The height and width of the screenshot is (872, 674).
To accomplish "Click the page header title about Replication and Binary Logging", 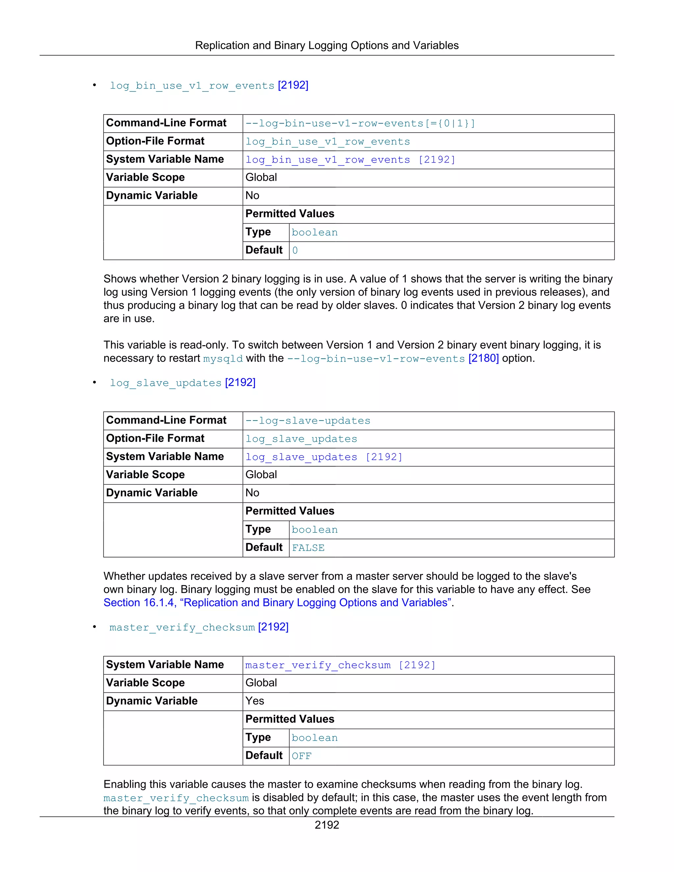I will pyautogui.click(x=326, y=45).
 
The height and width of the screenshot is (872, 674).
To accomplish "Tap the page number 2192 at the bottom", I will pyautogui.click(x=326, y=825).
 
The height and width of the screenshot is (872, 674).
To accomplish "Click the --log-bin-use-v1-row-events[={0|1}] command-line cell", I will pyautogui.click(x=360, y=123).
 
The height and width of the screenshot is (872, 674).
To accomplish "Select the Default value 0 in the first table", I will pyautogui.click(x=295, y=250).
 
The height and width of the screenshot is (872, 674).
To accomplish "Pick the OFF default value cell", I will pyautogui.click(x=301, y=756).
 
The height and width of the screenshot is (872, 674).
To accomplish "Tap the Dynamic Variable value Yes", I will pyautogui.click(x=255, y=701).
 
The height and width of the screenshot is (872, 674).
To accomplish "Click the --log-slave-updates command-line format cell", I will pyautogui.click(x=308, y=421).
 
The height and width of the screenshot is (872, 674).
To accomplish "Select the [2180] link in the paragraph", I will pyautogui.click(x=483, y=358).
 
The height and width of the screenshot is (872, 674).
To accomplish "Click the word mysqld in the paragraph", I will pyautogui.click(x=223, y=359).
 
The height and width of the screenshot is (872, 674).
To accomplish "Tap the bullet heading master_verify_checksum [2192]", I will pyautogui.click(x=199, y=627).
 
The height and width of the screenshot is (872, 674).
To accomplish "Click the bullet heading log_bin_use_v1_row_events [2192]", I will pyautogui.click(x=209, y=86).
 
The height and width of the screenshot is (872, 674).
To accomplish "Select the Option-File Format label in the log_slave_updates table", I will pyautogui.click(x=155, y=438).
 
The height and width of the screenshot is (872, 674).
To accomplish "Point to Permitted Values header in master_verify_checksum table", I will pyautogui.click(x=290, y=719).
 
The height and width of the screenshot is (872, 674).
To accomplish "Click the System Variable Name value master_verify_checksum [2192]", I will pyautogui.click(x=340, y=665).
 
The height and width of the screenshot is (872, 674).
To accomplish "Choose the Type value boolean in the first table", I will pyautogui.click(x=315, y=232).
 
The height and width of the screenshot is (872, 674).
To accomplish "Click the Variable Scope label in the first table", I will pyautogui.click(x=145, y=177).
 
